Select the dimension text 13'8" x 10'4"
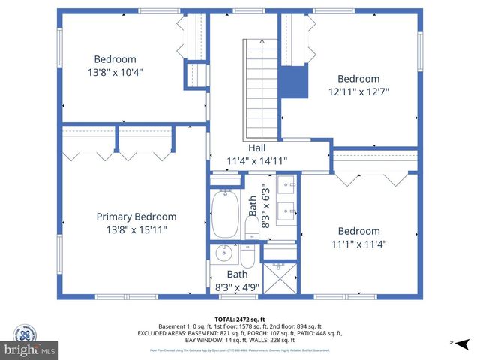(115, 73)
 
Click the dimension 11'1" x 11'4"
(358, 244)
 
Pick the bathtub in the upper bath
(225, 213)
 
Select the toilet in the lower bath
(247, 256)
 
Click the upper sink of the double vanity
(288, 184)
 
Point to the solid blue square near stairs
(295, 81)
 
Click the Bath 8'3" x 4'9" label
(236, 280)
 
